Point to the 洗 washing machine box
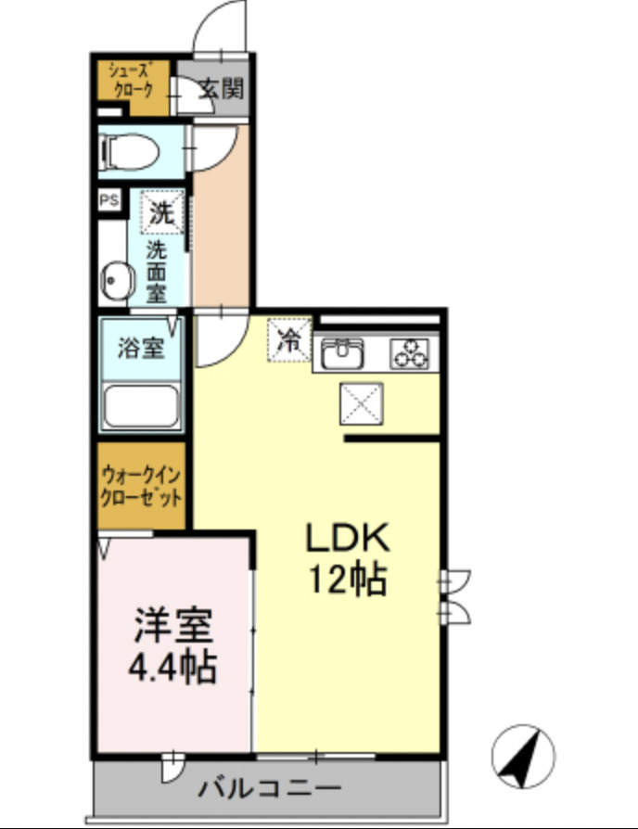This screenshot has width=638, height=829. [x=161, y=210]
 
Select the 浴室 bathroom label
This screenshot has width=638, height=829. [x=141, y=350]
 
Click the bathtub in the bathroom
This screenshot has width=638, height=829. [x=142, y=405]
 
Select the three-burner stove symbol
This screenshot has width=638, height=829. [x=411, y=353]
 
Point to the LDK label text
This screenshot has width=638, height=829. [x=346, y=539]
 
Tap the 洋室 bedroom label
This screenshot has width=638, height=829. [x=173, y=626]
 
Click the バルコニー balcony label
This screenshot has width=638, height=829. [x=270, y=789]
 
